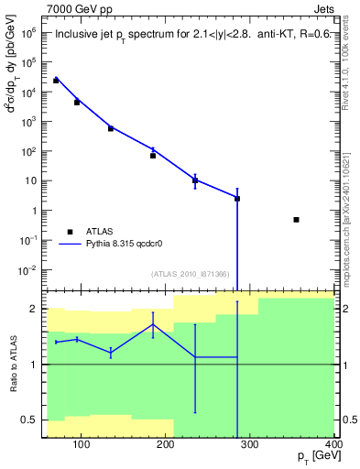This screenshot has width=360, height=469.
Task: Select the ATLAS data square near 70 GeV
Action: (x=56, y=81)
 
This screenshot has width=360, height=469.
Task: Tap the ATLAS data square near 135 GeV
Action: (x=110, y=128)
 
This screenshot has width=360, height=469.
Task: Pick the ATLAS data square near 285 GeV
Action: (x=237, y=199)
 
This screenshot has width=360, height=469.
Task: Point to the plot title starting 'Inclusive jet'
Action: (x=189, y=36)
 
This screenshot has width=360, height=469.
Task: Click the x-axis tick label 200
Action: (x=167, y=446)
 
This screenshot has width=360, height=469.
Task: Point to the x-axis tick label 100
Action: (x=82, y=446)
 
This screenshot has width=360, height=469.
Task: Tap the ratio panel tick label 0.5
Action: (x=31, y=420)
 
